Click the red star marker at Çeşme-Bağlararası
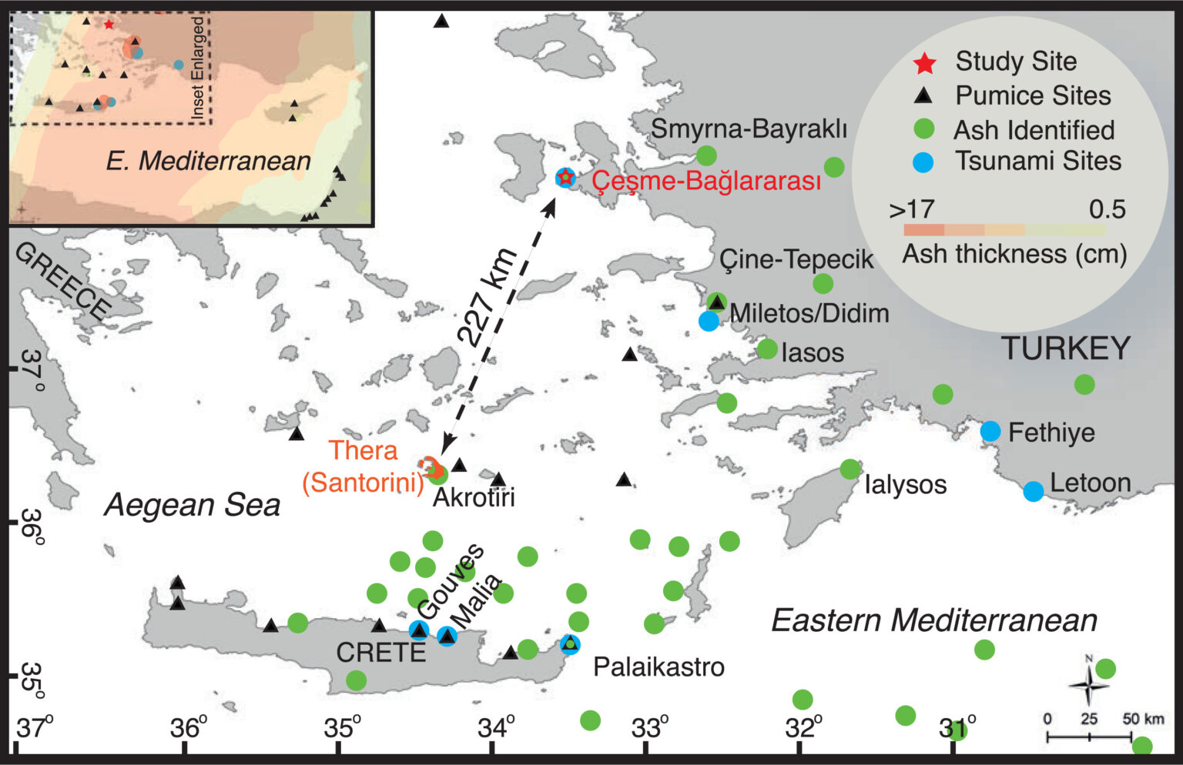[566, 178]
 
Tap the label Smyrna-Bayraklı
[749, 129]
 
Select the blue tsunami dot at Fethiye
[990, 431]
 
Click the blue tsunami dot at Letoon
[1034, 491]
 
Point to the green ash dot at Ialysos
[850, 469]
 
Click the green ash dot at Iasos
[767, 349]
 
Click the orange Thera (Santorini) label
[363, 466]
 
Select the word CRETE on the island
[380, 653]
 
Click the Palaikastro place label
[659, 666]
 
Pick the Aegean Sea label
[193, 506]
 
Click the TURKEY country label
[1065, 349]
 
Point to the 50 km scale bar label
[1143, 719]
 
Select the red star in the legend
[924, 63]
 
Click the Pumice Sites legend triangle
[923, 96]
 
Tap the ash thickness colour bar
[1004, 229]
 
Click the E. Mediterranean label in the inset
[208, 161]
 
